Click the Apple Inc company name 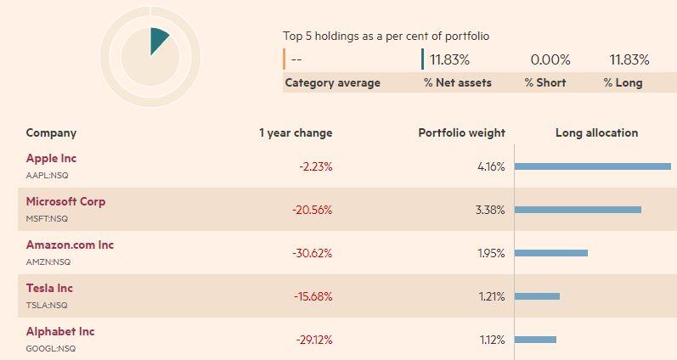[51, 159]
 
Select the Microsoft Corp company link [65, 201]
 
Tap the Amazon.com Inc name [70, 245]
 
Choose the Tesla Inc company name [49, 288]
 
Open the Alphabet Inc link [60, 331]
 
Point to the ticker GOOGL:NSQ [50, 348]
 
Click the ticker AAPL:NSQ [47, 175]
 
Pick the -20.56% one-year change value [312, 211]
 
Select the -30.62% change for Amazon [312, 253]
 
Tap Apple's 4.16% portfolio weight [491, 166]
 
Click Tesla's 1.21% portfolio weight [492, 296]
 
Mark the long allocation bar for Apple [593, 166]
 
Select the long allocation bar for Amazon [551, 253]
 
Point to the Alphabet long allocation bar [535, 340]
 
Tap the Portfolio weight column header [461, 133]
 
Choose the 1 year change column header [296, 133]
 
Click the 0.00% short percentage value [550, 59]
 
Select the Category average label [332, 83]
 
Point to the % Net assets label [458, 83]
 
